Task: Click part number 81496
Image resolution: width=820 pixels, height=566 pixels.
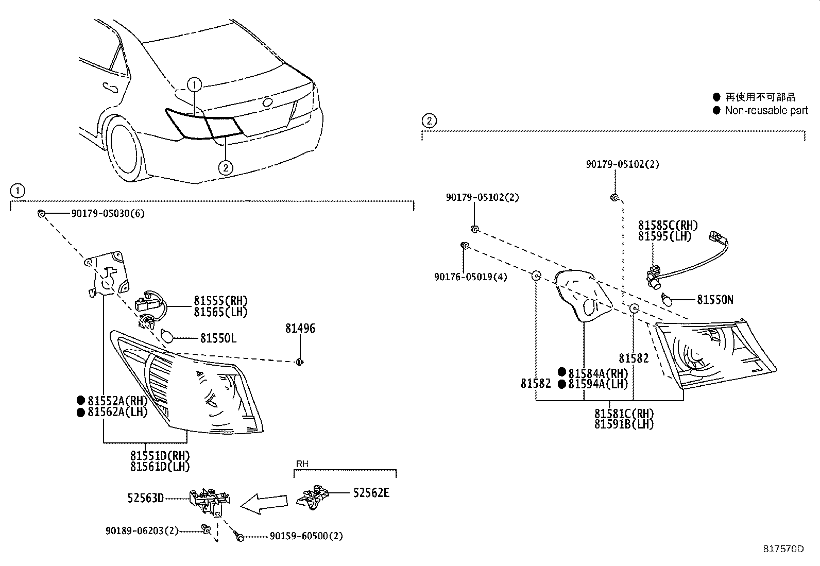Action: click(300, 329)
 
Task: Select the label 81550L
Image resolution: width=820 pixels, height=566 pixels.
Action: click(218, 338)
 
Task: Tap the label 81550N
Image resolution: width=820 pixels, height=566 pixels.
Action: click(715, 300)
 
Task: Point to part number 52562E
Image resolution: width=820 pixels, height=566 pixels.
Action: click(371, 493)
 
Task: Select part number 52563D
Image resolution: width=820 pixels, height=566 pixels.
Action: click(146, 498)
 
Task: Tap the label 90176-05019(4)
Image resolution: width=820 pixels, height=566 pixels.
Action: click(470, 277)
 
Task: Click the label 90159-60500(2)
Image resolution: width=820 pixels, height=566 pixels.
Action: click(306, 536)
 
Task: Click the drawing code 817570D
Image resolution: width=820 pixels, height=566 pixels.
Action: click(783, 548)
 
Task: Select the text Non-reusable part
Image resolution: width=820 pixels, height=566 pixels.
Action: click(766, 110)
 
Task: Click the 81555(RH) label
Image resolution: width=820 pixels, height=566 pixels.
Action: click(220, 301)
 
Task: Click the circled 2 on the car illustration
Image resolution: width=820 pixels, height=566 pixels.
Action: click(225, 167)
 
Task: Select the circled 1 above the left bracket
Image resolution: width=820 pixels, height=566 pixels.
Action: click(17, 191)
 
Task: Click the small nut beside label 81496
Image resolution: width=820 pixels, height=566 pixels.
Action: click(299, 363)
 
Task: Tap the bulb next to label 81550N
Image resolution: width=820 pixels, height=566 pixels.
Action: click(668, 299)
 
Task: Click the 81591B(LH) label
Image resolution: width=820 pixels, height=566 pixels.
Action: click(624, 424)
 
